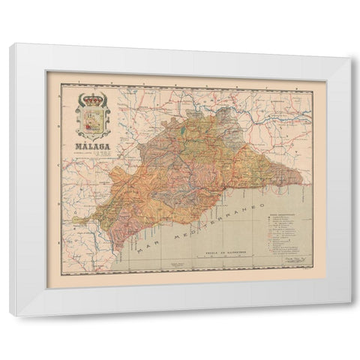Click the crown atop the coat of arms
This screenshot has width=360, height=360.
[94, 97]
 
